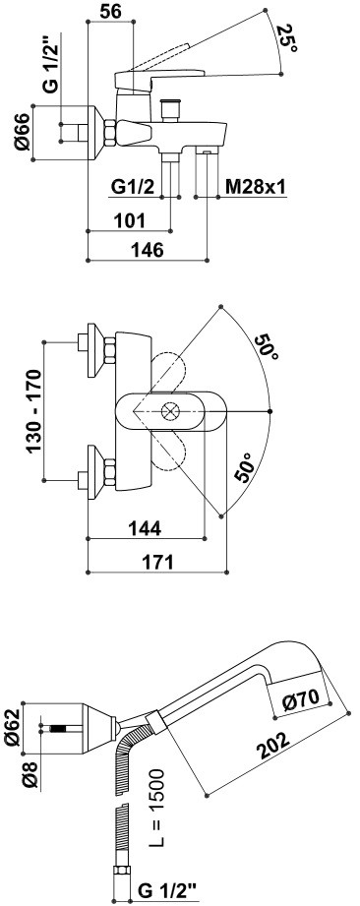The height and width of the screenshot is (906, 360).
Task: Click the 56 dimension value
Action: point(110,12)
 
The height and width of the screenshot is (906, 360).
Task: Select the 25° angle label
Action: point(287,38)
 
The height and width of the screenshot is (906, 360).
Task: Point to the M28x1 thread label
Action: point(255,187)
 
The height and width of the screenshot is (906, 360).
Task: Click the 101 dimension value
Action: point(129,220)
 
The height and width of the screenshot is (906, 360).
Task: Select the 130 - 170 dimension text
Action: point(34,410)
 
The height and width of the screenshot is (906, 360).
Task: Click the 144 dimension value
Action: point(144,527)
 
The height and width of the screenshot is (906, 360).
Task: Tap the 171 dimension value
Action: point(156,562)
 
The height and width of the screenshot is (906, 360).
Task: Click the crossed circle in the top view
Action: point(170,411)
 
